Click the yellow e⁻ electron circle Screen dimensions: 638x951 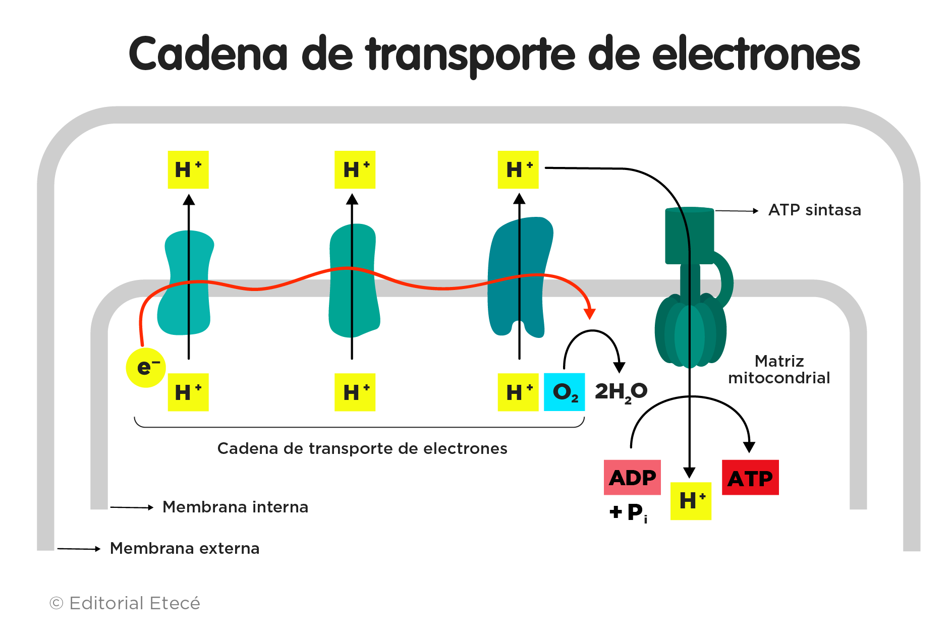[x=146, y=368]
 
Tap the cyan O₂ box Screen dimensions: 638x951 [x=564, y=392]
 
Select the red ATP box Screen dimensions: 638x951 [x=750, y=478]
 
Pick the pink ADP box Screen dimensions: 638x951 [x=632, y=477]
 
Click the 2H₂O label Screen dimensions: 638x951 [x=621, y=392]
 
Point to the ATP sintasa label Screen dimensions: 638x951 [x=814, y=210]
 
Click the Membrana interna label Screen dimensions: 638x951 [x=235, y=507]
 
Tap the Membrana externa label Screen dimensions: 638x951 [x=185, y=548]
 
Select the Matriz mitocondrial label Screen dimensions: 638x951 [x=779, y=370]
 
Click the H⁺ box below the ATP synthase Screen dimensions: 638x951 [x=691, y=501]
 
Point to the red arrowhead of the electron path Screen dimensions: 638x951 [x=589, y=314]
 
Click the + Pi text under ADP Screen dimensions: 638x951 [x=629, y=513]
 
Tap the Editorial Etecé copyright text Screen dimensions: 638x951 [x=125, y=603]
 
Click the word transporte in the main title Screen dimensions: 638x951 [x=471, y=54]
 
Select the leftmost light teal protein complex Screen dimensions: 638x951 [x=185, y=282]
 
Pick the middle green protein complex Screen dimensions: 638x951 [x=353, y=280]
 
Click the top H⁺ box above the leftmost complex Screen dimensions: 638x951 [x=188, y=170]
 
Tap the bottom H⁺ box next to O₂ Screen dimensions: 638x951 [x=518, y=392]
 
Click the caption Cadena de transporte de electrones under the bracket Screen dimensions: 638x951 [x=362, y=448]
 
